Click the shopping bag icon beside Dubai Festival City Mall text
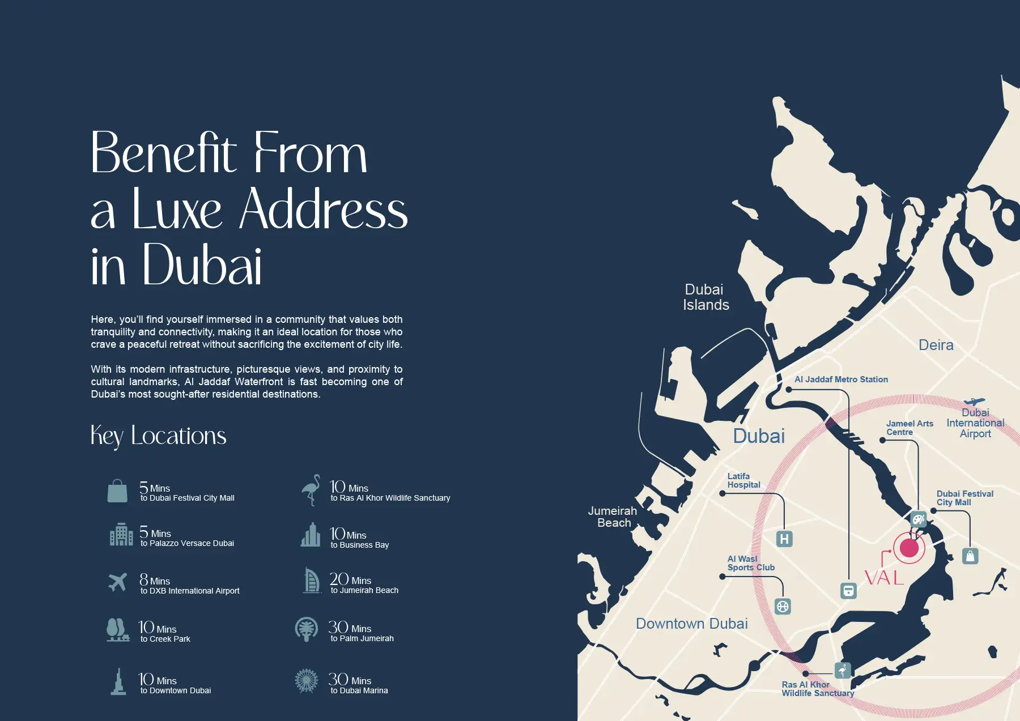coord(117,491)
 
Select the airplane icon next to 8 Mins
coord(117,582)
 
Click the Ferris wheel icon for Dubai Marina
coord(307,681)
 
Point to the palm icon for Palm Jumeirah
coord(307,629)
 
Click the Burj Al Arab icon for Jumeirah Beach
coord(311,581)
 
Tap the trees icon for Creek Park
coord(117,629)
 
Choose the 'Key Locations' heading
coord(158,436)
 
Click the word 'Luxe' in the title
coord(177,210)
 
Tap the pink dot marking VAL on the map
coord(909,548)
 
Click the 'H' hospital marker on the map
coord(784,539)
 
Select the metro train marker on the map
coord(848,591)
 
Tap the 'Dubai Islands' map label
coord(705,297)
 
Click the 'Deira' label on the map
coord(936,345)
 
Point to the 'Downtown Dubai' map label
coord(691,624)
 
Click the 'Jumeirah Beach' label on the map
coord(613,517)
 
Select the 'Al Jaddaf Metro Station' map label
coord(841,379)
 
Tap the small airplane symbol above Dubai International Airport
coord(974,402)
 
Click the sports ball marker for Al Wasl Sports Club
coord(783,607)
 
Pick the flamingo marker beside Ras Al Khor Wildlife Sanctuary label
coord(843,671)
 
